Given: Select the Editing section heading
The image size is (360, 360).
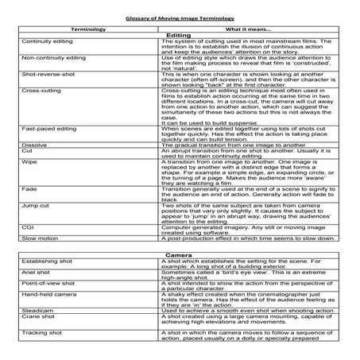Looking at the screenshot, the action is pos(180,35).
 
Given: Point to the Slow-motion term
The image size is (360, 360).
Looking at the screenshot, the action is pos(40,239).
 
